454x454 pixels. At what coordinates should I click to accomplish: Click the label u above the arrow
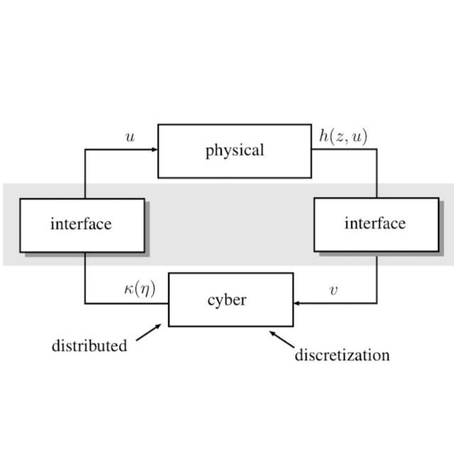(x=130, y=137)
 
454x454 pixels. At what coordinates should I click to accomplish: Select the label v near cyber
(x=333, y=290)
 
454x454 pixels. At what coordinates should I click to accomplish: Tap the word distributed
(x=89, y=346)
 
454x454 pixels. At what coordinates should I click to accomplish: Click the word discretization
(x=342, y=354)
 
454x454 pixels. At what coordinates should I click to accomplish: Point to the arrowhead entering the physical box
(x=153, y=150)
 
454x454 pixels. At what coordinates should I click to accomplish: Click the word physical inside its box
(x=234, y=150)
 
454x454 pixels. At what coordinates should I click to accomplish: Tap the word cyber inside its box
(x=227, y=300)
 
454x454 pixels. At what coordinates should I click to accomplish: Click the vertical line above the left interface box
(x=85, y=174)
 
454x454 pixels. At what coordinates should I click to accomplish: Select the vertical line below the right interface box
(x=377, y=277)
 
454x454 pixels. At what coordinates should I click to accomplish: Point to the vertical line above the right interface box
(x=377, y=174)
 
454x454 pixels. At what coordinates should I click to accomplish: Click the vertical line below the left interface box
(x=85, y=277)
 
